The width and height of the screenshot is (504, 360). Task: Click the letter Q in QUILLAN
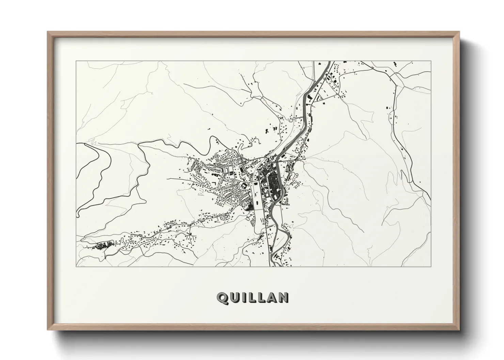tap(222, 298)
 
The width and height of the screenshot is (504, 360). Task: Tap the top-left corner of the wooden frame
tap(48, 32)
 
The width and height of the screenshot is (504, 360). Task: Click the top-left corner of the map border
tap(76, 61)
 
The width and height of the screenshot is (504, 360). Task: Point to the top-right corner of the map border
tap(431, 61)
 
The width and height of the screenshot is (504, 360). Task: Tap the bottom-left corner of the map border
tap(76, 266)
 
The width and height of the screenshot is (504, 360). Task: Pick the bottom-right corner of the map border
tap(431, 266)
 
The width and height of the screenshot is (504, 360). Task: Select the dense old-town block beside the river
tap(273, 184)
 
